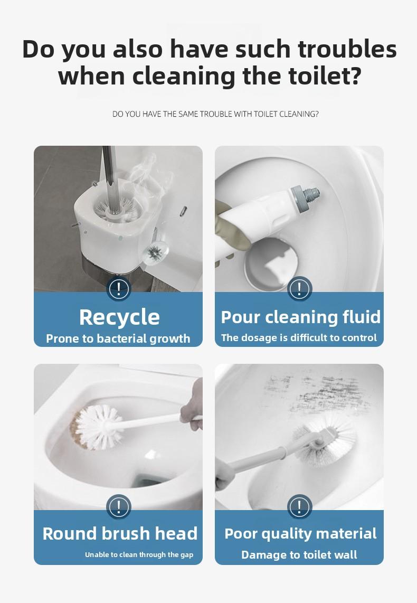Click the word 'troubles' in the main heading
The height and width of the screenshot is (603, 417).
click(x=347, y=49)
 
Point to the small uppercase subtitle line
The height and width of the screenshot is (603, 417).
click(x=215, y=114)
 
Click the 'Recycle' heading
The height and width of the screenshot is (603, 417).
click(x=119, y=317)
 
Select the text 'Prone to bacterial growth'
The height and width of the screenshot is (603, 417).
click(x=118, y=338)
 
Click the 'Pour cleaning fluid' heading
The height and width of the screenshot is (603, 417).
click(x=300, y=317)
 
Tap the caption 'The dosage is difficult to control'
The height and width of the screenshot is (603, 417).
click(x=299, y=338)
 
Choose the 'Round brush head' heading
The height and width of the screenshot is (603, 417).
click(x=120, y=533)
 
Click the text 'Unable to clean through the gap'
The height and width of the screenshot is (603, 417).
click(x=139, y=554)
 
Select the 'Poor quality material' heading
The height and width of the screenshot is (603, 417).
click(x=300, y=533)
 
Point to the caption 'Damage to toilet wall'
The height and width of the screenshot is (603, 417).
click(x=299, y=555)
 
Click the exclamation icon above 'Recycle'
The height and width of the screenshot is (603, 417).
click(x=119, y=289)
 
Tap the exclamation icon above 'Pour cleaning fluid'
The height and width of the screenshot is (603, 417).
click(x=299, y=289)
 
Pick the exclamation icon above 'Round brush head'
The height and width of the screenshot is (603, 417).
click(x=119, y=507)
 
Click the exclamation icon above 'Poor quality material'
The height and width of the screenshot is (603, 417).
click(x=299, y=507)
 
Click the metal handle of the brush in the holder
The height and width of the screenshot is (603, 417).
click(x=110, y=174)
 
